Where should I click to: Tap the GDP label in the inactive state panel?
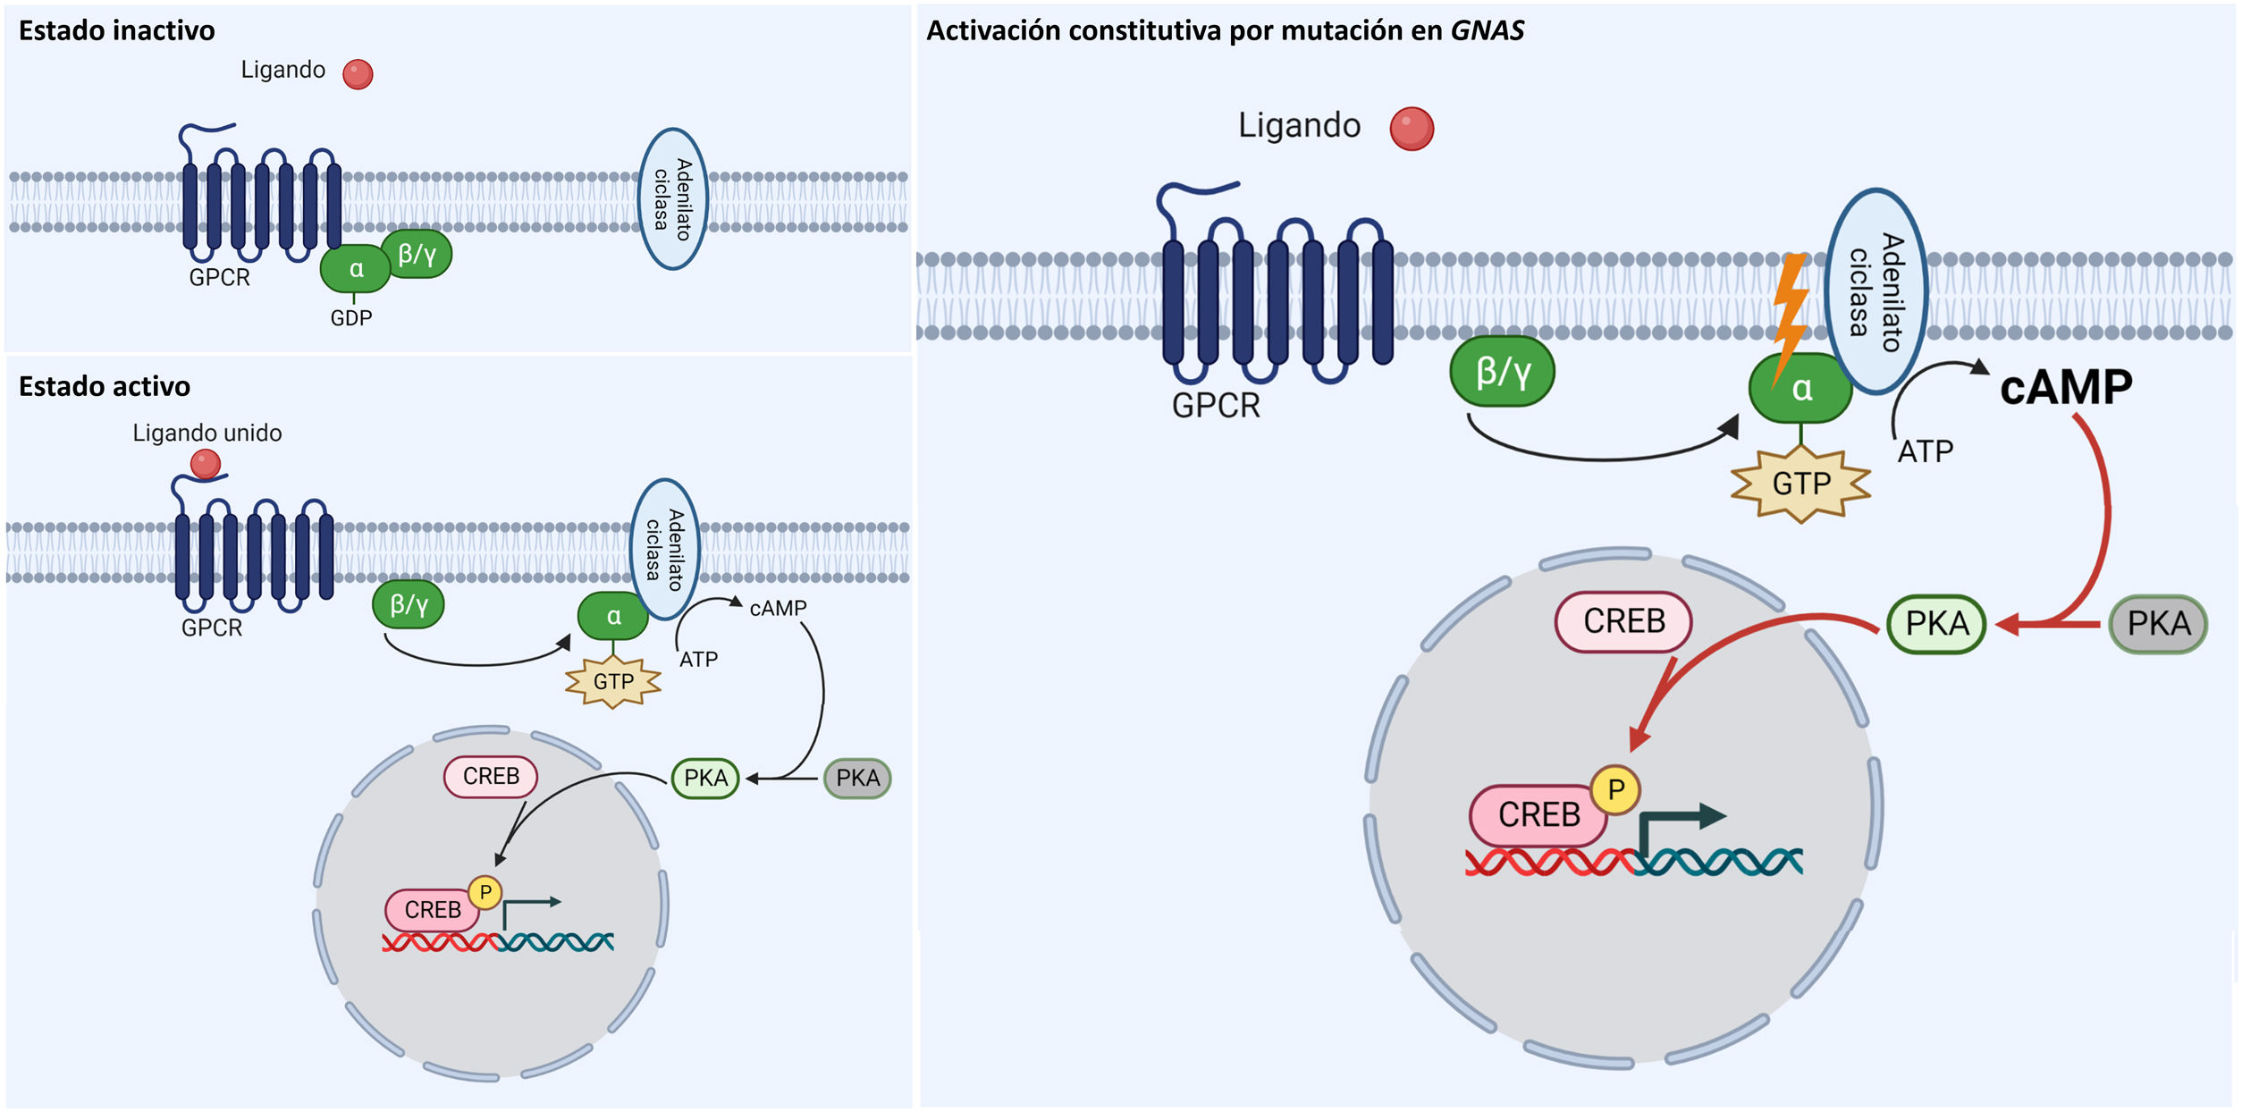[x=351, y=318]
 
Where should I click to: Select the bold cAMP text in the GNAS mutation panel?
[x=2066, y=388]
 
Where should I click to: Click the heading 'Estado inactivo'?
[x=116, y=31]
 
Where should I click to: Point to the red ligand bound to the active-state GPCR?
[x=206, y=464]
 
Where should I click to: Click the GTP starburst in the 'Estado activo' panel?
[x=613, y=682]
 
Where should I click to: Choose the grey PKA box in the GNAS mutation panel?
[x=2158, y=624]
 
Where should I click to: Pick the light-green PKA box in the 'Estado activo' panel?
[x=705, y=779]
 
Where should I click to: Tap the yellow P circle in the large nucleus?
[x=1615, y=790]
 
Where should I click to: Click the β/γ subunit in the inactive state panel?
[x=417, y=255]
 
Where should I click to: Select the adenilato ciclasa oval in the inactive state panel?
[x=672, y=198]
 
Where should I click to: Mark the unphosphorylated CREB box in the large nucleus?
[x=1623, y=621]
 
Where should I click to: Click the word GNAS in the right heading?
[x=1487, y=31]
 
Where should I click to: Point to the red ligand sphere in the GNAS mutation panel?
[x=1412, y=129]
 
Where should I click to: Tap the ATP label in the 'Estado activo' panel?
[x=698, y=660]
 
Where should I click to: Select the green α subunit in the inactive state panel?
[x=356, y=269]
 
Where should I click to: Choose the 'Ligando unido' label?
[x=206, y=434]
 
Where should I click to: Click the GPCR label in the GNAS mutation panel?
[x=1216, y=406]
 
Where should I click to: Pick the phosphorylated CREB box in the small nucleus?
[x=433, y=910]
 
